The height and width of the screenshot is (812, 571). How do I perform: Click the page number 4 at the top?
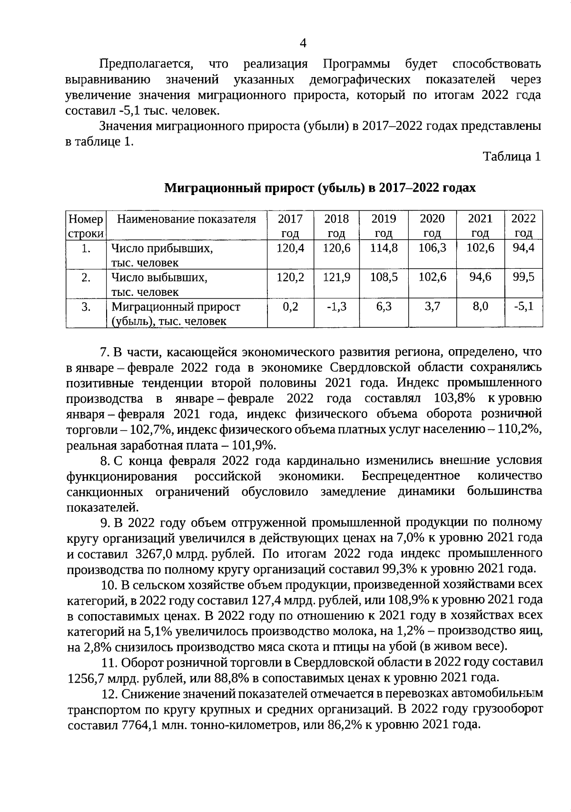tap(303, 43)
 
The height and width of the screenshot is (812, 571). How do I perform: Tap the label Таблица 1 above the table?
tap(512, 157)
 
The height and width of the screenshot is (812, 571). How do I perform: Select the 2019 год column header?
tap(384, 225)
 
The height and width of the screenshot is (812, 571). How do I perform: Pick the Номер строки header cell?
tap(86, 225)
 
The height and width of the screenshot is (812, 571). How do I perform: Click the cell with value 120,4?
tap(290, 248)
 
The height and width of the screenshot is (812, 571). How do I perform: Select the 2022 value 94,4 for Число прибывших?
tap(523, 248)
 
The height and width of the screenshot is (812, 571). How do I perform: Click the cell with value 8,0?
tap(480, 307)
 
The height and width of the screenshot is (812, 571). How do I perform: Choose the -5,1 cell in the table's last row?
tap(523, 307)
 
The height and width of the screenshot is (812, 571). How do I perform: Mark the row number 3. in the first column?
tap(86, 307)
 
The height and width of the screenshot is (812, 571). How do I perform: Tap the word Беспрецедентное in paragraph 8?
tap(411, 476)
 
